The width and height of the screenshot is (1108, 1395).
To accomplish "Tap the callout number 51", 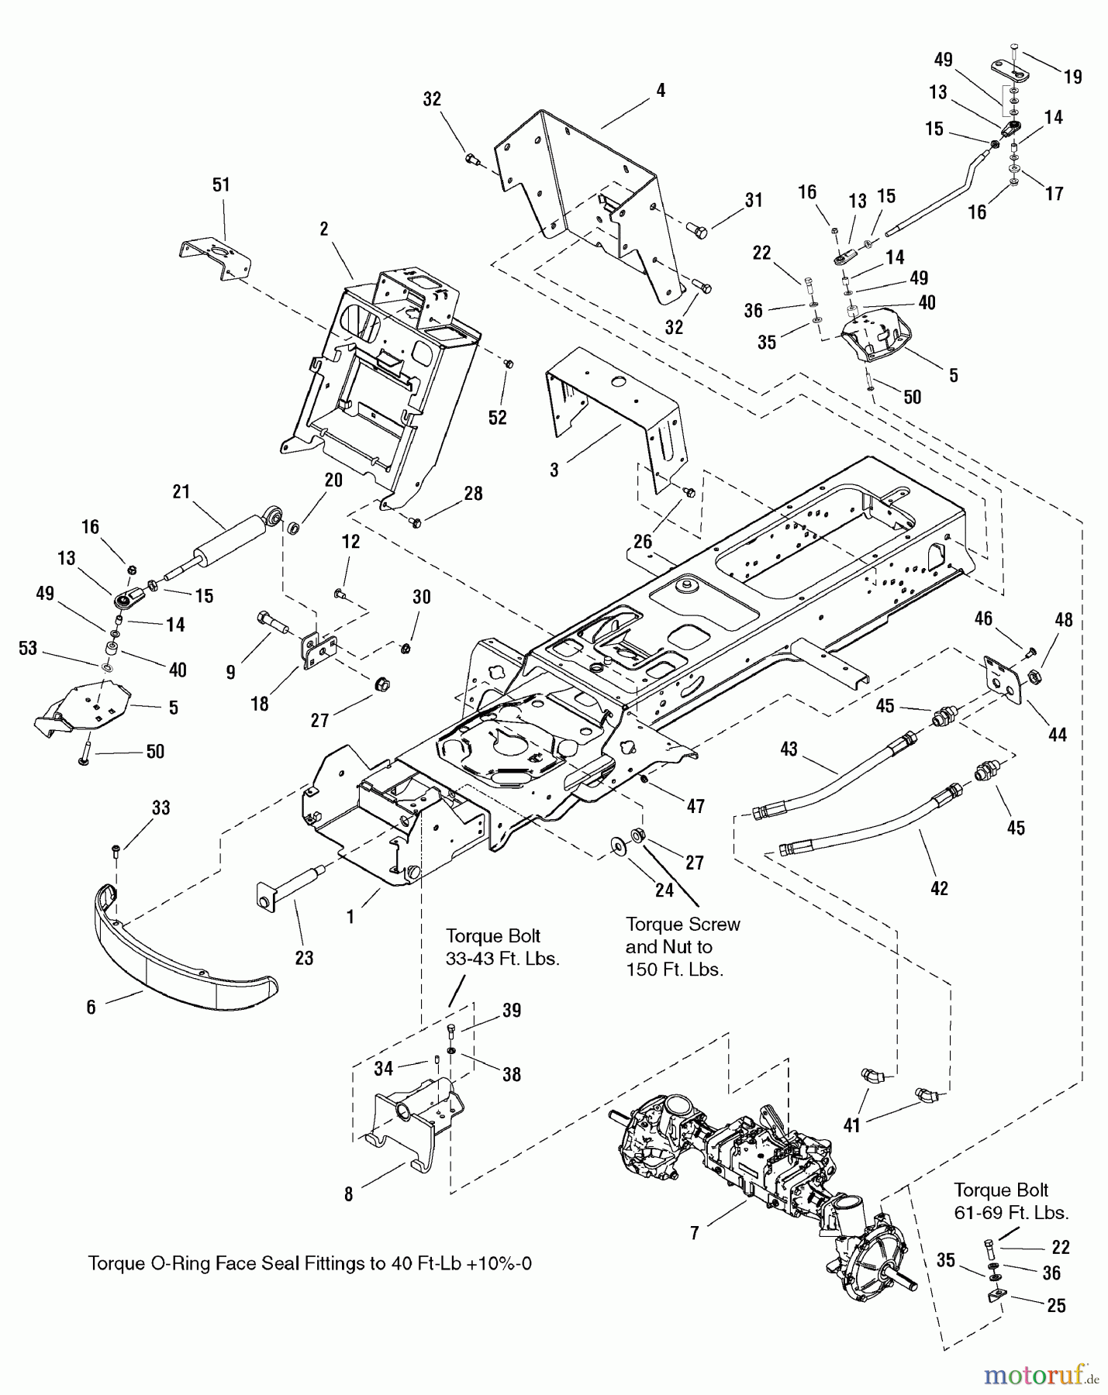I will click(x=222, y=185).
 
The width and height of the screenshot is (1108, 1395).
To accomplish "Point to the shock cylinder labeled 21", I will click(x=225, y=535).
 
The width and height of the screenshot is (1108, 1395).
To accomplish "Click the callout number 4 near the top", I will click(x=661, y=91).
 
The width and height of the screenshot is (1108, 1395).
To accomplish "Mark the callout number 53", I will click(x=28, y=649).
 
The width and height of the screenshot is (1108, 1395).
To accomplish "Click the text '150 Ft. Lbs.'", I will click(x=675, y=970).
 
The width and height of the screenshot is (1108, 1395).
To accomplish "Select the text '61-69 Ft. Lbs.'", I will click(x=1011, y=1213).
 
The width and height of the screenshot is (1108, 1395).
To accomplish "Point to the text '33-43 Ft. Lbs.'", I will click(x=502, y=959).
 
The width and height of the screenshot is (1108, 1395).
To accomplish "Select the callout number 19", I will click(x=1072, y=77).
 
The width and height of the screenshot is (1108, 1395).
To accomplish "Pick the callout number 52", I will click(x=497, y=418).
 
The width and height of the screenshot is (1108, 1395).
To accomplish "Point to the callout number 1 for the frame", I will click(x=350, y=918).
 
